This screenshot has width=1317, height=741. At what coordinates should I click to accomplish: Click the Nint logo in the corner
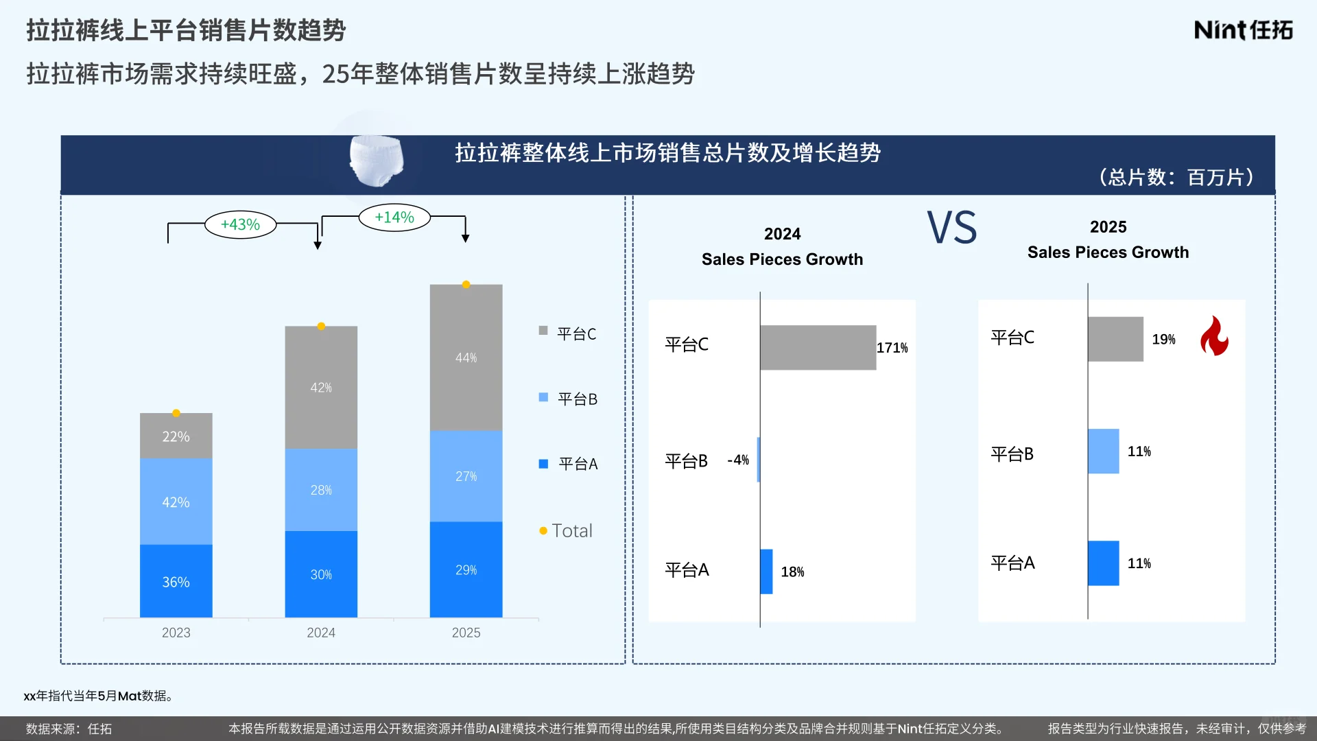pos(1243,30)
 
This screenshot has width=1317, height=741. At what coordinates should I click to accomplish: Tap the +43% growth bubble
pos(240,224)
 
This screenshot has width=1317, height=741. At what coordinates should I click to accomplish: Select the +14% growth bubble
pos(394,217)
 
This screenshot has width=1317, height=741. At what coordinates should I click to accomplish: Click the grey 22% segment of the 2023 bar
pos(176,436)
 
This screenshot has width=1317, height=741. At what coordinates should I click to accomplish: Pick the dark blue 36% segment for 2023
pos(176,581)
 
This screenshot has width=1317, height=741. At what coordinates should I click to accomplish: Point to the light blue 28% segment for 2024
pos(321,490)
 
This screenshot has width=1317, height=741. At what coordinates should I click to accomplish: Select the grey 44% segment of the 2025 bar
pos(466,357)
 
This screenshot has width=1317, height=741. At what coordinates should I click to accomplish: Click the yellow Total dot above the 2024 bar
pos(321,326)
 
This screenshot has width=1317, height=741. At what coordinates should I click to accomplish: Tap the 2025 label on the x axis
pos(466,633)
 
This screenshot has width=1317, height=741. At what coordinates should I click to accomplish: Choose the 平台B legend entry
pos(569,399)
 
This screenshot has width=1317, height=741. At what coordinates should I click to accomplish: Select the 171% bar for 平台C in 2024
pos(818,348)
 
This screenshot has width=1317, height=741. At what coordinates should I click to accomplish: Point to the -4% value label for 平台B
pos(738,460)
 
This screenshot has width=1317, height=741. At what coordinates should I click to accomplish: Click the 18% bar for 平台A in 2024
pos(766,572)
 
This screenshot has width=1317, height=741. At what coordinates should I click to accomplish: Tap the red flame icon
pos(1214,336)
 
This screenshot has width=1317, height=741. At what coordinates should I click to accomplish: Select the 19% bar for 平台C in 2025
pos(1115,339)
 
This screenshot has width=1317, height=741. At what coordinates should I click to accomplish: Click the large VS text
pos(952,228)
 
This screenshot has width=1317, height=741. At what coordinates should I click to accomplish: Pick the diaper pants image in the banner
pos(376,161)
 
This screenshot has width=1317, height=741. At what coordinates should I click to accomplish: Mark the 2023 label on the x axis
pos(176,633)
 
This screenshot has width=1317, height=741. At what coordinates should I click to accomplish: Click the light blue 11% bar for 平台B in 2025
pos(1103,451)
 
